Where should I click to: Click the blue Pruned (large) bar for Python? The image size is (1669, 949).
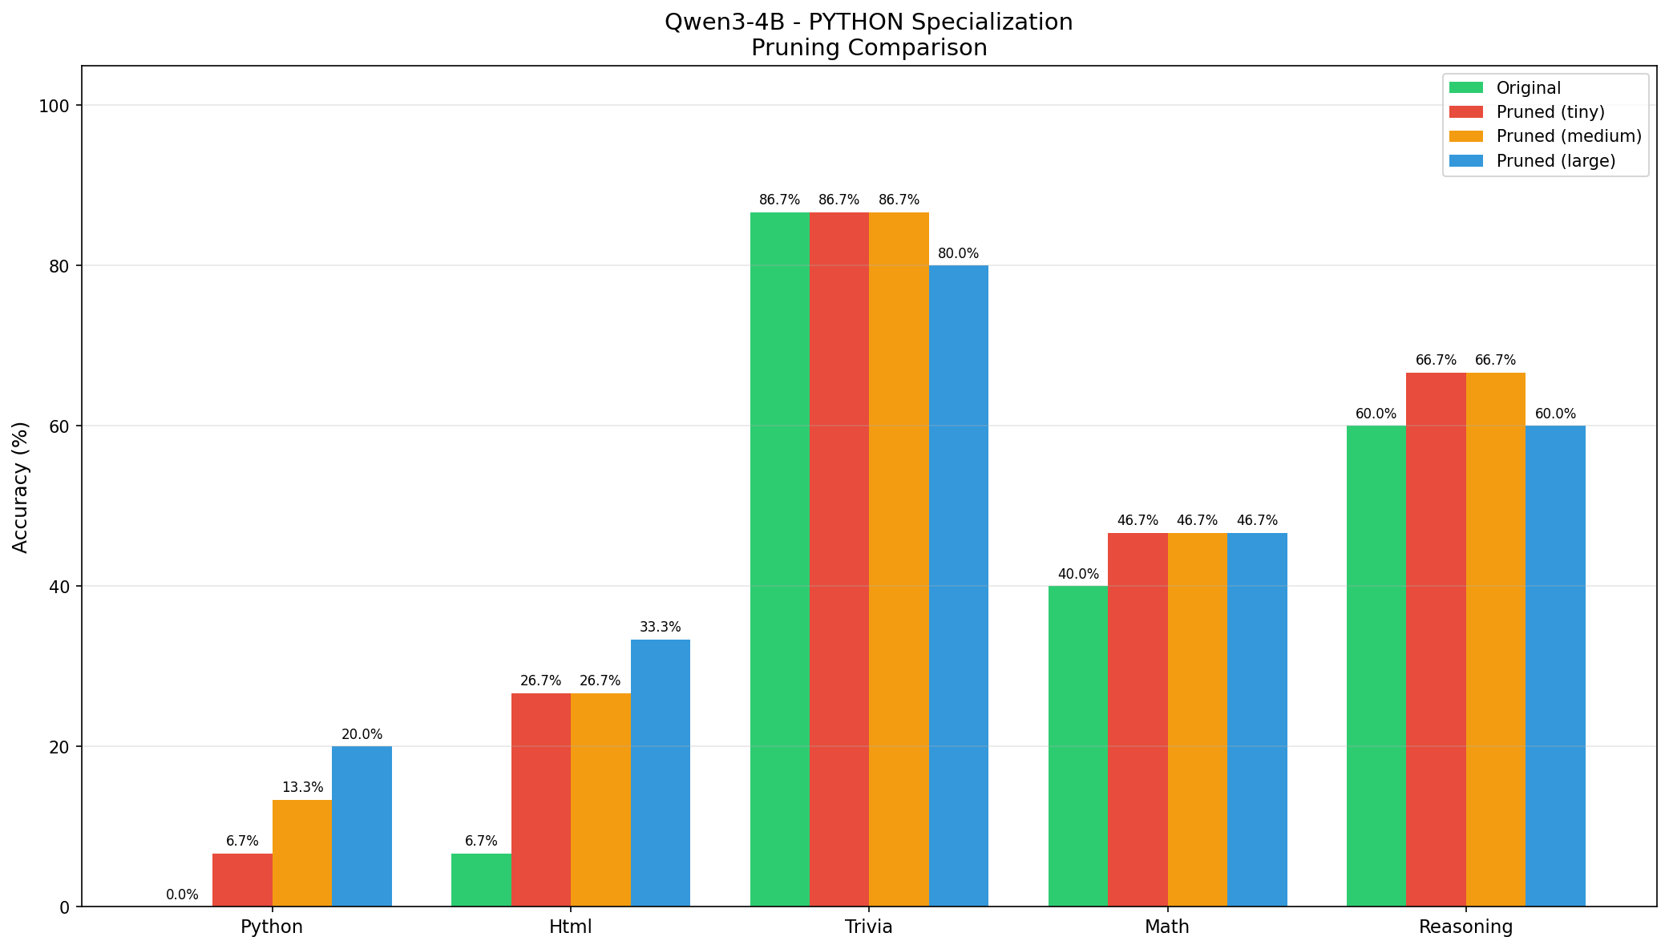(x=362, y=826)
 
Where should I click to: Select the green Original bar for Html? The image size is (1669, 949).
(x=481, y=879)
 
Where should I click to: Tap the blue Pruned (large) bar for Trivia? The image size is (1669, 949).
(x=958, y=585)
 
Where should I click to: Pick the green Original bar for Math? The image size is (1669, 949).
(x=1077, y=745)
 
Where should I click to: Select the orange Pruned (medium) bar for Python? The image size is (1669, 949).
(x=302, y=853)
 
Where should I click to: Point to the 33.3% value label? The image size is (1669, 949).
(x=660, y=628)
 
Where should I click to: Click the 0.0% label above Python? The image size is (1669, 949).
(x=182, y=894)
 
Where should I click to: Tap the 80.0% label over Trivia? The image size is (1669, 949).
(x=958, y=253)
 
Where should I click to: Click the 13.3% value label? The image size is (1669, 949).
(x=302, y=788)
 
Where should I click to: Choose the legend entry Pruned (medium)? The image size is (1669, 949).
(x=1569, y=136)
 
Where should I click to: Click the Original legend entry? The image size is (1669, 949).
(x=1528, y=88)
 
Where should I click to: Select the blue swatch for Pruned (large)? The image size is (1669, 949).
(x=1467, y=160)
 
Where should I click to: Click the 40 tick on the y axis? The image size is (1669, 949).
(x=61, y=587)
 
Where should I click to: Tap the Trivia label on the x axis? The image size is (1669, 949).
(x=869, y=927)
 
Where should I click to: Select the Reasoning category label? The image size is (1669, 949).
(x=1465, y=927)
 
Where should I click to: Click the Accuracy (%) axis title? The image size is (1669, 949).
(x=21, y=487)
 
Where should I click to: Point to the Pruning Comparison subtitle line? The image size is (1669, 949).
(x=868, y=48)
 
